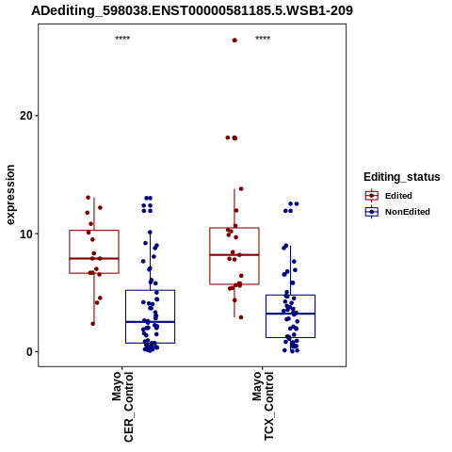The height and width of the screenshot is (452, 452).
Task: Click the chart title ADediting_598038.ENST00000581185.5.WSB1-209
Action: (x=192, y=11)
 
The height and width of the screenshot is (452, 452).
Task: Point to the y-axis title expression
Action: (x=10, y=195)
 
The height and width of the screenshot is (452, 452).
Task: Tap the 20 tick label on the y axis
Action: (x=26, y=116)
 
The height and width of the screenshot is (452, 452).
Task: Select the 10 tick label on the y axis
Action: (x=26, y=234)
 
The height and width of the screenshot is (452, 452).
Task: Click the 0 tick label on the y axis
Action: (x=29, y=352)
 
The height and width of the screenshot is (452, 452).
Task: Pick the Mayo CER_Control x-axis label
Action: (x=122, y=407)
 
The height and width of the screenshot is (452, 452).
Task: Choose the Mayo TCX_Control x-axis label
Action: (x=263, y=406)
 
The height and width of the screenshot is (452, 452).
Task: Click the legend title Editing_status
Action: (x=402, y=177)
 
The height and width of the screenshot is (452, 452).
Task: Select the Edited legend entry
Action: (x=398, y=196)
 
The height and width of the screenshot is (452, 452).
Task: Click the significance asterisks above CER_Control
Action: (x=122, y=39)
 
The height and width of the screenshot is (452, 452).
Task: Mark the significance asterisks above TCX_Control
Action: (x=263, y=39)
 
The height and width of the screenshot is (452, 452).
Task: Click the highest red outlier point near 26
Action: (x=234, y=40)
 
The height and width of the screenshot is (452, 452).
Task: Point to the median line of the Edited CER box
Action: (x=94, y=258)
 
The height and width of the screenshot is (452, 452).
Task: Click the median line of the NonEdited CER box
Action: (x=150, y=322)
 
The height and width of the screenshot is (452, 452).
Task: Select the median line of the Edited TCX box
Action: (x=234, y=254)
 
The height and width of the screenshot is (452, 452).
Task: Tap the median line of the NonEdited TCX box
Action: (x=290, y=314)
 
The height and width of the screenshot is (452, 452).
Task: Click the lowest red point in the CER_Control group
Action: (x=93, y=324)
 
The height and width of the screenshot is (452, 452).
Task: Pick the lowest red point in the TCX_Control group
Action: (x=241, y=317)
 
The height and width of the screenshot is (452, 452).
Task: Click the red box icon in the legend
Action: (x=372, y=196)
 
